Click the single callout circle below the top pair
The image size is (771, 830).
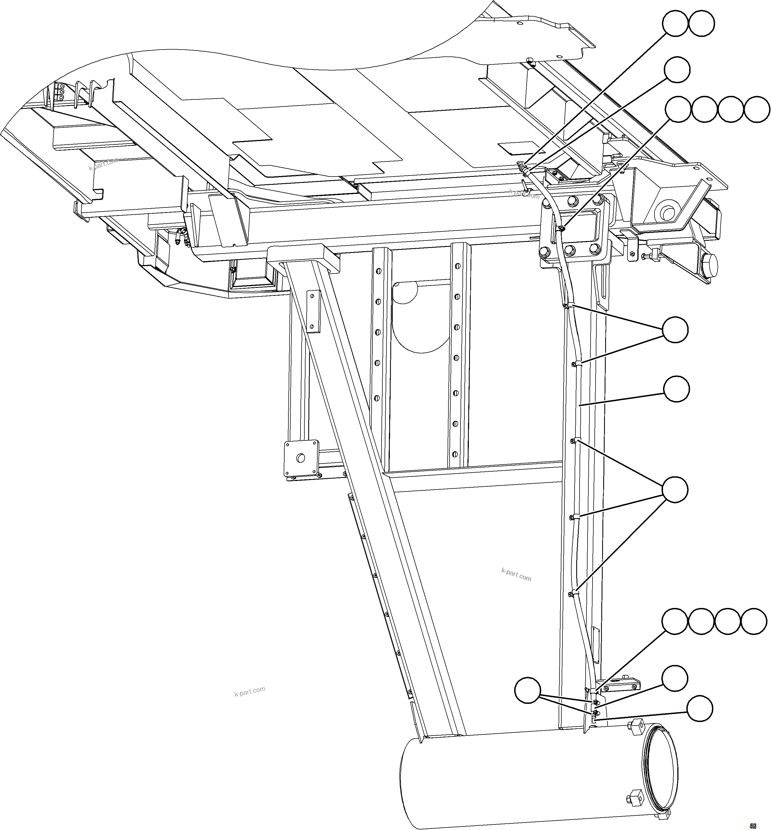coord(677,70)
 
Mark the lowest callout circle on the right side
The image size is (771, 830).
coord(700,708)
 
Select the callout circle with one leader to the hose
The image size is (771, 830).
coord(676,389)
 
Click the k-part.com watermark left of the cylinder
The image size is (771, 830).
coord(250,692)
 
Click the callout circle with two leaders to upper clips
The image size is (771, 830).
coord(675,330)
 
